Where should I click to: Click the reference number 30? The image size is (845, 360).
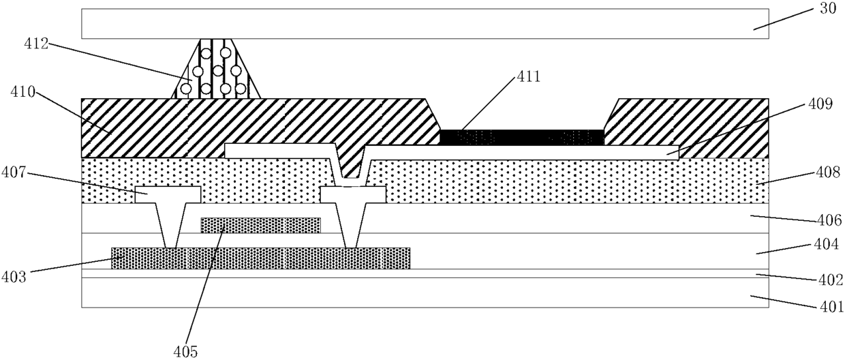coord(828,8)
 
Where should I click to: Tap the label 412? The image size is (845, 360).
coord(36,44)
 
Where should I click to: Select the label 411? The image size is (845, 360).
coord(529,77)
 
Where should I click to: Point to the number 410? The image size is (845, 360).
coord(22,91)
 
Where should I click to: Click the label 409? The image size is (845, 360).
coord(820,104)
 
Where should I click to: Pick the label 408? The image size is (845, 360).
coord(828,172)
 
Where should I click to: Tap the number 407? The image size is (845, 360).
coord(13,172)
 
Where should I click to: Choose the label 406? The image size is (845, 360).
coord(829,220)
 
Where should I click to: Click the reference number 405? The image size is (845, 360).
coord(185,352)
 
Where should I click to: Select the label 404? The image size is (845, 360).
coord(826,245)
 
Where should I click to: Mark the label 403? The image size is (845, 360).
coord(13,277)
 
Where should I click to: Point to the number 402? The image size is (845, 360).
coord(830,280)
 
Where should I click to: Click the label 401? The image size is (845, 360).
coord(832,307)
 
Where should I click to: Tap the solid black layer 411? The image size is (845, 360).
coord(522,137)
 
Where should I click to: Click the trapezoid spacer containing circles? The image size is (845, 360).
coord(216,69)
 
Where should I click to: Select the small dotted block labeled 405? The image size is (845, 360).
coord(261,225)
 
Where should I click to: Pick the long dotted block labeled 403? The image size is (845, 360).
coord(261,258)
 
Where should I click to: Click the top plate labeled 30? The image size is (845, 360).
coord(425,23)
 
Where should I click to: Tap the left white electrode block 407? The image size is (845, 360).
coord(168,194)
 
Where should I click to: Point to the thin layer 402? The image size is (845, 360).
coord(425,273)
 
